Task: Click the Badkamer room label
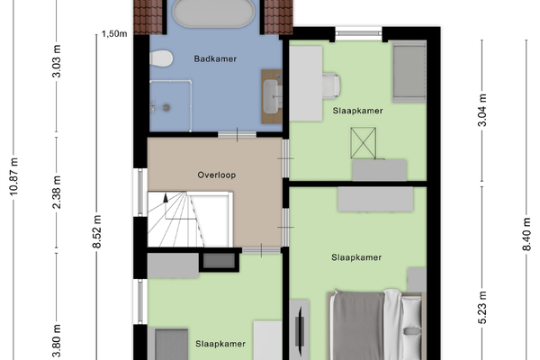click(x=215, y=58)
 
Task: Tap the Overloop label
click(x=217, y=175)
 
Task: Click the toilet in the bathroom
click(x=161, y=58)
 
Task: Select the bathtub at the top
click(x=213, y=13)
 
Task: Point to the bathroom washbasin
click(x=272, y=96)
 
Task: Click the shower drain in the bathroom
click(x=166, y=107)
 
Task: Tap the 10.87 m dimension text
click(x=13, y=176)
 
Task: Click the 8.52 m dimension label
click(x=97, y=231)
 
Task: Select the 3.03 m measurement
click(x=57, y=61)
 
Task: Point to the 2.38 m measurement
click(x=57, y=192)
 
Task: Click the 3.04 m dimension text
click(x=482, y=110)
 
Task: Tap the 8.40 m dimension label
click(x=526, y=234)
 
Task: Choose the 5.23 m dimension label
click(x=482, y=308)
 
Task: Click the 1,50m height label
click(x=114, y=34)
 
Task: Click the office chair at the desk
click(x=331, y=85)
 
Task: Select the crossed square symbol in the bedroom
click(x=364, y=143)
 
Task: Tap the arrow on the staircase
click(x=166, y=198)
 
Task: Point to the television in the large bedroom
click(x=300, y=330)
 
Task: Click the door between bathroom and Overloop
click(x=238, y=134)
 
